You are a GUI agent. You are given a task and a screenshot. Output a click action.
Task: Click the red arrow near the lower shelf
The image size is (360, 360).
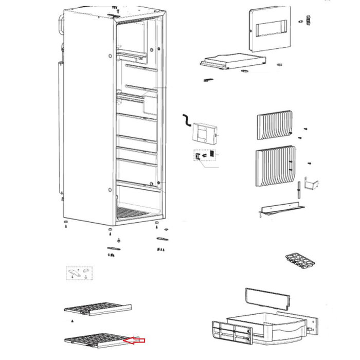point(136,340)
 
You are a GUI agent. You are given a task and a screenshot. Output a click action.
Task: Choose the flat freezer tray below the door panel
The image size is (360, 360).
point(231,62)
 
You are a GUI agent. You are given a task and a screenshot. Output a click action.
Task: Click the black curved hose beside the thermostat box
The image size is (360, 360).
point(185,121)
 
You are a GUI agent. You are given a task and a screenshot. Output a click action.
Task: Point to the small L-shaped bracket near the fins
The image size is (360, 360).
point(312,184)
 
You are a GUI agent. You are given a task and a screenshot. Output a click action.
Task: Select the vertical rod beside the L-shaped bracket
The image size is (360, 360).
point(299,190)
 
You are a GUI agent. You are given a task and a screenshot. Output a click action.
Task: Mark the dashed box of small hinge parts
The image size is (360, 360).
point(79,273)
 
